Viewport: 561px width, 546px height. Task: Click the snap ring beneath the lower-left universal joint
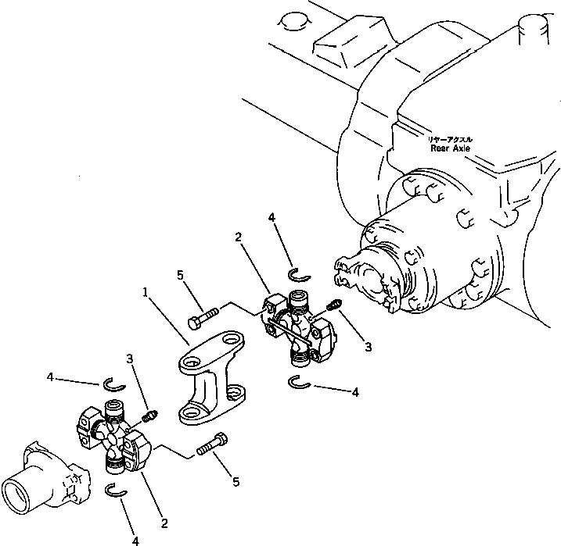(x=116, y=491)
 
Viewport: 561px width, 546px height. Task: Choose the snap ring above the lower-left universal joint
(x=115, y=383)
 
